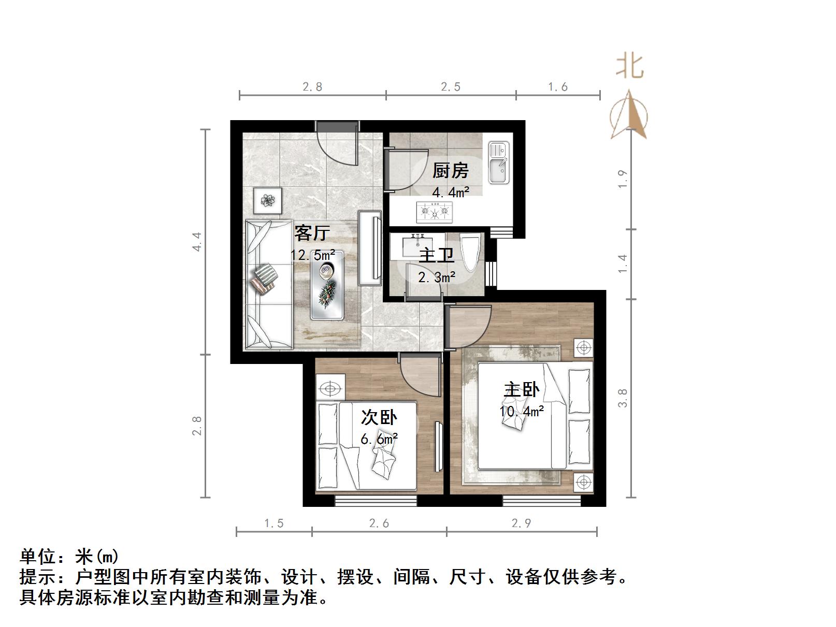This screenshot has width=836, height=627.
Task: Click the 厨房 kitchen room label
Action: click(x=450, y=170)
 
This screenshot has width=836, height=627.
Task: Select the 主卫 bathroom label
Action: click(x=436, y=256)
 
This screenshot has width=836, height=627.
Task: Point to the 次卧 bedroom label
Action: click(x=379, y=417)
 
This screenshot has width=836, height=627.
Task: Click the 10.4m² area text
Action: click(x=522, y=412)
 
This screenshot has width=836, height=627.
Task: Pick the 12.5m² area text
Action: click(x=312, y=255)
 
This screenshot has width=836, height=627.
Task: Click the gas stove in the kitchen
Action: click(x=434, y=211)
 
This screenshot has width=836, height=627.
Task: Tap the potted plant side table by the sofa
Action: click(x=268, y=200)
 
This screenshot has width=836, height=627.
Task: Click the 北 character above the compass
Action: click(x=629, y=67)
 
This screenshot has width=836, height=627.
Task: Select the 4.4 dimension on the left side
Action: click(x=196, y=242)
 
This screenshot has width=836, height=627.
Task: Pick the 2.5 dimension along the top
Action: click(x=451, y=87)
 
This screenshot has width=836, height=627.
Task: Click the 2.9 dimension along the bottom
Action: click(x=521, y=523)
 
